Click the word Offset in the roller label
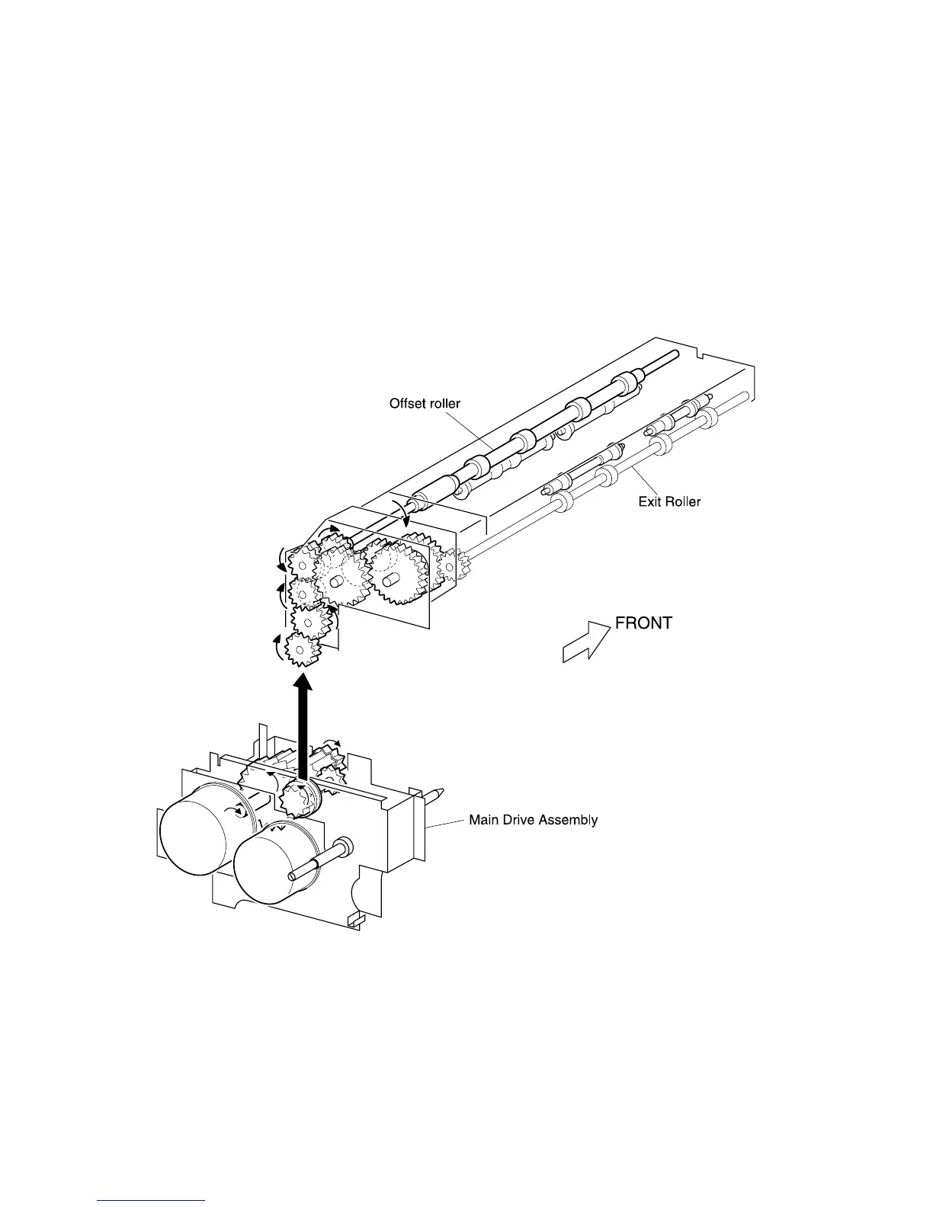407,403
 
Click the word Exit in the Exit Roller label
649,501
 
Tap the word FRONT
643,623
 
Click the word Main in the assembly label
483,820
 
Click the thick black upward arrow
303,728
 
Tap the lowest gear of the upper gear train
301,649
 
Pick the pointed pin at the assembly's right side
435,794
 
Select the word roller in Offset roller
444,403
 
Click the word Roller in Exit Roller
681,501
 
